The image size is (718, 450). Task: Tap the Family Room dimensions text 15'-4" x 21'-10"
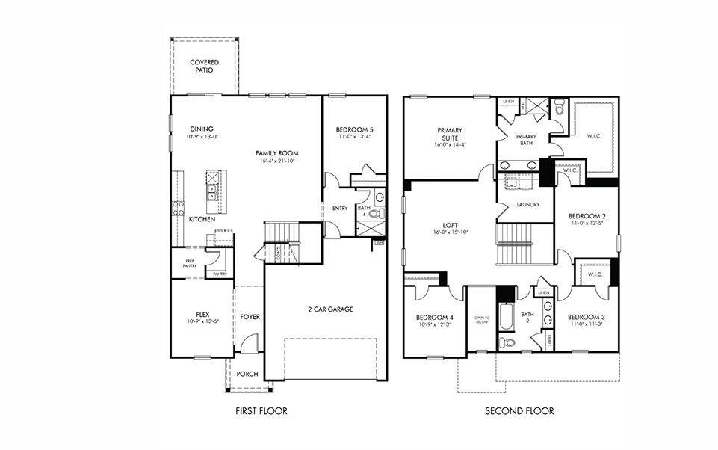(x=279, y=161)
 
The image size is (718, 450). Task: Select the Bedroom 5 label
(x=354, y=129)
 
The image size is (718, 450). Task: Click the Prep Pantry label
(x=190, y=264)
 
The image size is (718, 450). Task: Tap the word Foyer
(x=250, y=317)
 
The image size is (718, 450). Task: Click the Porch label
(x=247, y=374)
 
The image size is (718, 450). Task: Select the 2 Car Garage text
(x=330, y=309)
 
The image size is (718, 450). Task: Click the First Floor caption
(x=261, y=411)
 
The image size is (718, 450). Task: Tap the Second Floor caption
(x=519, y=411)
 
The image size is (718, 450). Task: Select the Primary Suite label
(x=450, y=134)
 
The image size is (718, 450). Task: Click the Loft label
(x=450, y=224)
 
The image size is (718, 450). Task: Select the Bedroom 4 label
(x=435, y=318)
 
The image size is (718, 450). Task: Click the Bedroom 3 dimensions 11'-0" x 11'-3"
(x=586, y=324)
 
